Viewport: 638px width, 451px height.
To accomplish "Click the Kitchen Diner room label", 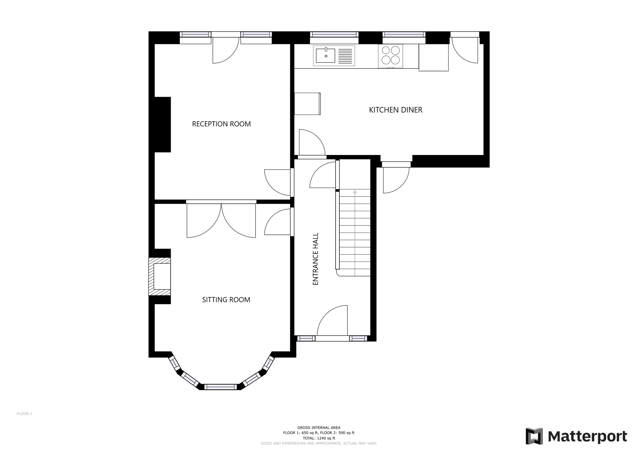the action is coord(396,110).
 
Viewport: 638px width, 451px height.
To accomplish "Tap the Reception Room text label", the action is coord(221,124).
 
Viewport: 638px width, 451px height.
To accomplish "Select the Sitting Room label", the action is coord(226,300).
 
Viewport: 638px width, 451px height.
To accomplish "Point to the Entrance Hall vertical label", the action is coord(315,259).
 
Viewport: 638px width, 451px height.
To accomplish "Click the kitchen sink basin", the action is coord(325,56).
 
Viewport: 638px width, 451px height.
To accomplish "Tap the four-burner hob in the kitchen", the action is coord(390,56).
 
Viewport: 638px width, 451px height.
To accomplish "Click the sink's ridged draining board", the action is coord(345,56).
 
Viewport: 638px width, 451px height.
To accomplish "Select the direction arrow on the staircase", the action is coord(355,192).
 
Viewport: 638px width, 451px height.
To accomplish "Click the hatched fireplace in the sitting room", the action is coord(159,276).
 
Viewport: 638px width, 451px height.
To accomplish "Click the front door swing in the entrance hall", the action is coord(332,321).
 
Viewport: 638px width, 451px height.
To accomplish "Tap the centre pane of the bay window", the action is coord(220,387).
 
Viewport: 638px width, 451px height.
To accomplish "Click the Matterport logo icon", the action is coord(534,436).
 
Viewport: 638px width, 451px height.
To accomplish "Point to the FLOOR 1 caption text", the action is coord(25,414).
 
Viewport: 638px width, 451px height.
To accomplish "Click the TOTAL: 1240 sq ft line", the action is coord(319,438).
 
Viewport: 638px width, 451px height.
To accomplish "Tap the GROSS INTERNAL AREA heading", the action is coord(319,428).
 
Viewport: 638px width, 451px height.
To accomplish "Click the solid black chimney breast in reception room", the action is coord(163,124).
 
